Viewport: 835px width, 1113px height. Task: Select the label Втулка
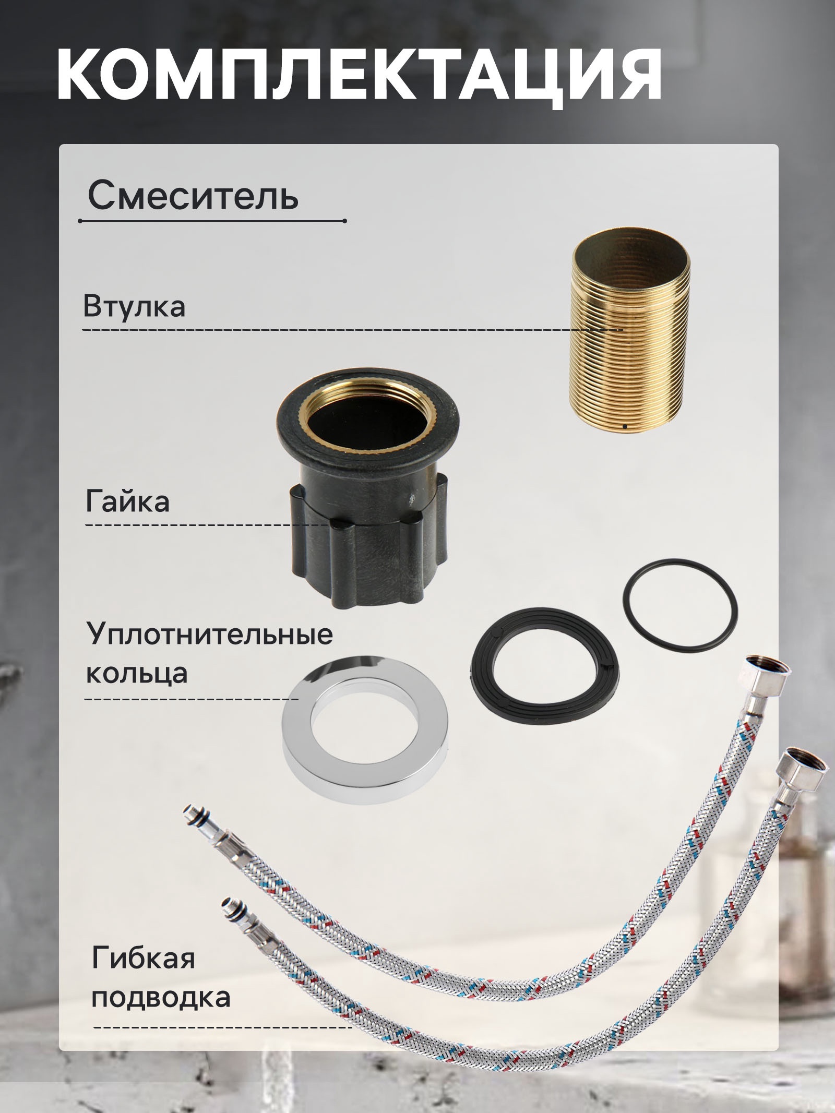tap(134, 306)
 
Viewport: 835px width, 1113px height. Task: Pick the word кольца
tap(137, 673)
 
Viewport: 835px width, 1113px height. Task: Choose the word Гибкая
tap(144, 958)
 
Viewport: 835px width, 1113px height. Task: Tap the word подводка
tap(161, 997)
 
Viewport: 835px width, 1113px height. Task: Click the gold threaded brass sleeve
tap(631, 339)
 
